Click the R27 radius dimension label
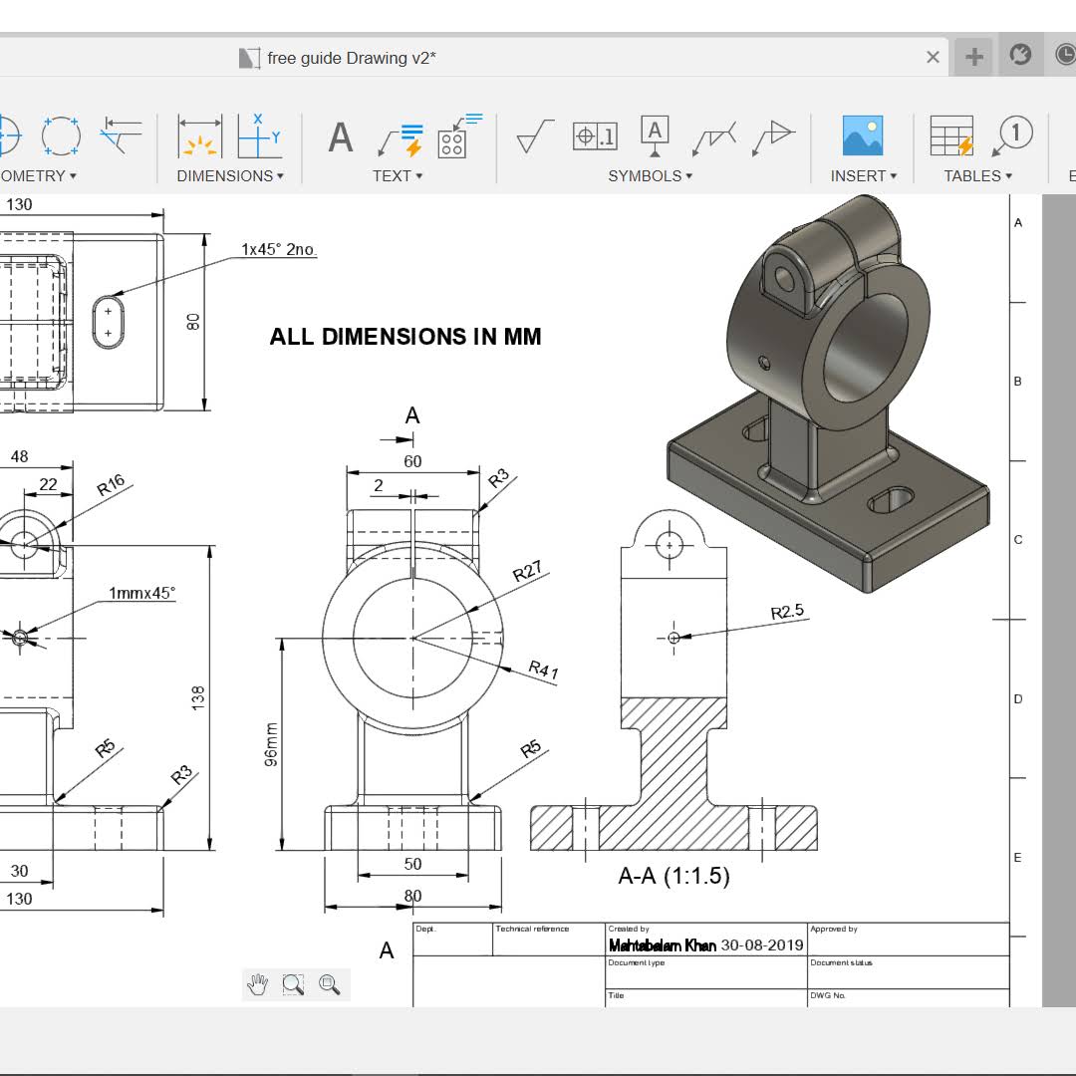coord(527,572)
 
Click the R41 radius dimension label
coord(543,670)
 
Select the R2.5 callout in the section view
coord(787,612)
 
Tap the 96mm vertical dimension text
coord(272,744)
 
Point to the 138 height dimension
coord(198,696)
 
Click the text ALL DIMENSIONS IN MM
coord(405,337)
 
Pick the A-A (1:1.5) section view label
coord(673,877)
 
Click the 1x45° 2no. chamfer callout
coord(279,249)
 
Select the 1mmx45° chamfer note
coord(141,593)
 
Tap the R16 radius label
coord(111,485)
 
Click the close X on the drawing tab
coord(933,58)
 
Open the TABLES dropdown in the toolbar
coord(977,176)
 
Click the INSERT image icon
coord(863,135)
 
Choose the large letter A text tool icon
coord(341,137)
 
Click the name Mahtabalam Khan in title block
coord(662,945)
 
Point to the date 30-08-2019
coord(762,945)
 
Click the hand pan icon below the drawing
coord(258,985)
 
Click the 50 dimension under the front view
coord(412,864)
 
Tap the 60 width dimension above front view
coord(412,461)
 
